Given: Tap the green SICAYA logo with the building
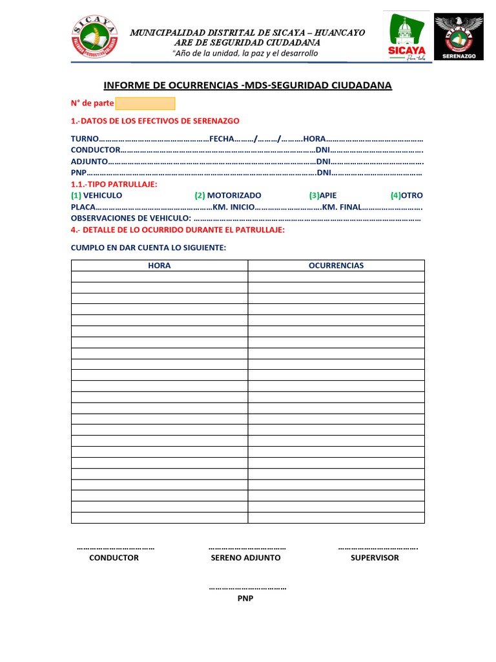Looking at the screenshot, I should [404, 37].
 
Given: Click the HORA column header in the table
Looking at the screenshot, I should [160, 266].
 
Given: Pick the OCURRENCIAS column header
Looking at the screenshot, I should [336, 266].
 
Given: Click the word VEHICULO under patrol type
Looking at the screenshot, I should [103, 195].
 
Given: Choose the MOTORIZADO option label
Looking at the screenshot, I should [234, 195].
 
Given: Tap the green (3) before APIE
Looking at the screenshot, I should [315, 195].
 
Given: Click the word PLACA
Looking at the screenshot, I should [83, 207].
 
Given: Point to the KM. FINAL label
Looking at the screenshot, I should [342, 207].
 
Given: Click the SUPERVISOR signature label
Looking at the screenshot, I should [375, 557].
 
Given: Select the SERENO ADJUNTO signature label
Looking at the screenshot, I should [246, 557].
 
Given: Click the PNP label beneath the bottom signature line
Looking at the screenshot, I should [245, 599].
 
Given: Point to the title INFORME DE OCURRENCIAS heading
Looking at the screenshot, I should [247, 85].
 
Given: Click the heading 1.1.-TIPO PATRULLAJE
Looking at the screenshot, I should [114, 184].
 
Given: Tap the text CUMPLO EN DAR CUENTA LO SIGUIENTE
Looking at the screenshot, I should [149, 248].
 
